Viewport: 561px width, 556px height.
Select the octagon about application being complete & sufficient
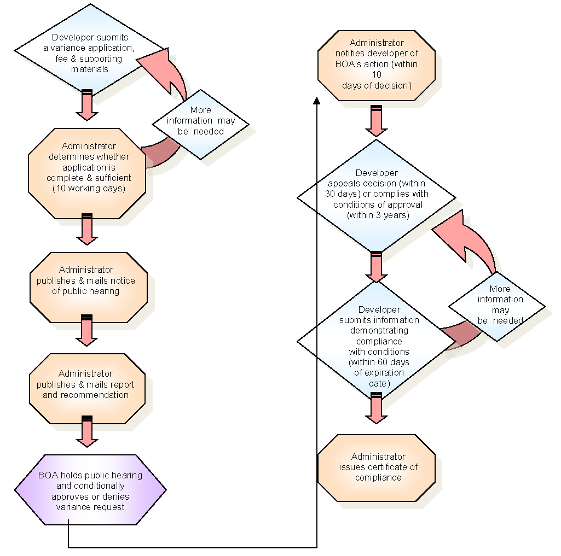tap(88, 173)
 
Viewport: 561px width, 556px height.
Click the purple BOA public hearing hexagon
tap(90, 490)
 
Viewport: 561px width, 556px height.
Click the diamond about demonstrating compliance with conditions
tap(377, 341)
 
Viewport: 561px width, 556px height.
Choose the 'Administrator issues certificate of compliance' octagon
tap(377, 467)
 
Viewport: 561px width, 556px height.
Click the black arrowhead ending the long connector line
tap(317, 101)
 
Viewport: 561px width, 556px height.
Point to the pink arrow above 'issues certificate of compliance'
tap(377, 410)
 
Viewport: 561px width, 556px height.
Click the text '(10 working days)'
tap(88, 189)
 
